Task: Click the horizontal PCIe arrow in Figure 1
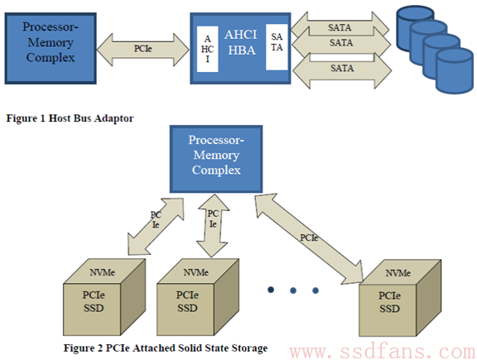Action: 142,50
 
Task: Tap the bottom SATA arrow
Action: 342,71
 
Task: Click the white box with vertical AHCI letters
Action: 208,49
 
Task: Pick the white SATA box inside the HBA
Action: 277,47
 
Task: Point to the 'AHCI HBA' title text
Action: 241,42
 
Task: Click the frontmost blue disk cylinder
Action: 454,70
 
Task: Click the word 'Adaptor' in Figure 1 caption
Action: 113,118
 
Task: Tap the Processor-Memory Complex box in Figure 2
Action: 216,159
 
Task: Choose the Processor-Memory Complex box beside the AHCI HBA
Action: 51,48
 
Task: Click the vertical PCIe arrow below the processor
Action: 213,226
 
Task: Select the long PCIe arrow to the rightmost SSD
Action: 310,238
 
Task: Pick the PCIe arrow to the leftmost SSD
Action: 156,226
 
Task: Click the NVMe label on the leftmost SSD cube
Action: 102,272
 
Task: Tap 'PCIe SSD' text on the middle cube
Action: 187,301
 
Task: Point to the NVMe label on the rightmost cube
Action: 397,273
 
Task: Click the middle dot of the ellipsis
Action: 293,290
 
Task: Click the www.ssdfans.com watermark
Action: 383,352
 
